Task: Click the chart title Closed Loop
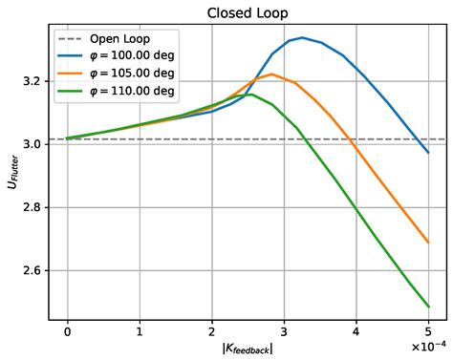click(248, 13)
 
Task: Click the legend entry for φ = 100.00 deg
click(131, 56)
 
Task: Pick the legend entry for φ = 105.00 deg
click(131, 74)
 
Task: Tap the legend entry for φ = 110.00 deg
click(131, 91)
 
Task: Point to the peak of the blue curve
click(302, 38)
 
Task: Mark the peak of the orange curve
click(272, 74)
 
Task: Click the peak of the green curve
click(248, 95)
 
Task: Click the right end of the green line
click(429, 307)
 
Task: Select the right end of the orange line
click(429, 243)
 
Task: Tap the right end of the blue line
click(429, 153)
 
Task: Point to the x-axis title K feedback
click(248, 349)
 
